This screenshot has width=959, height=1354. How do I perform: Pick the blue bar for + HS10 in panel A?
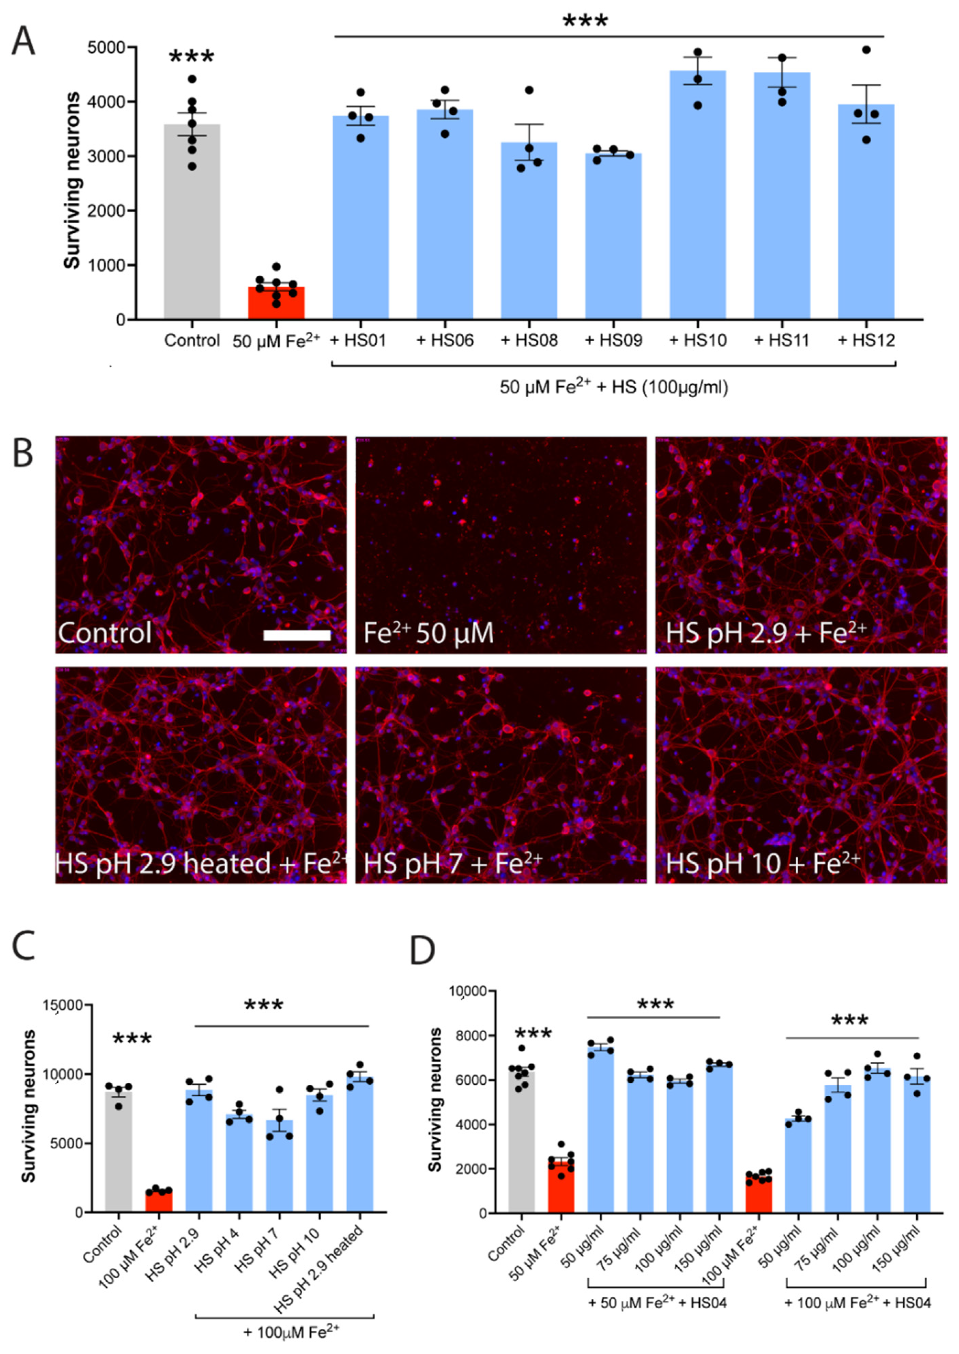(x=697, y=195)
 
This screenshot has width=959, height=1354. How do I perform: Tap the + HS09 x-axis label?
(x=613, y=341)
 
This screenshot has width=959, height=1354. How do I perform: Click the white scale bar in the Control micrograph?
(x=296, y=635)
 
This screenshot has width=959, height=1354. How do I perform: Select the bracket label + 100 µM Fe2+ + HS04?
(x=857, y=1302)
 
